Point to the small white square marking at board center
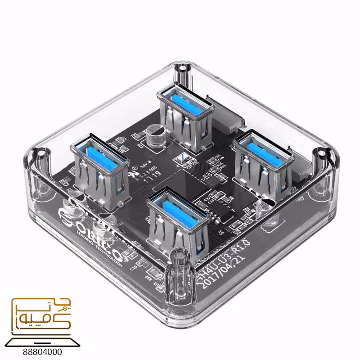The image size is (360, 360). [x=183, y=157]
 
